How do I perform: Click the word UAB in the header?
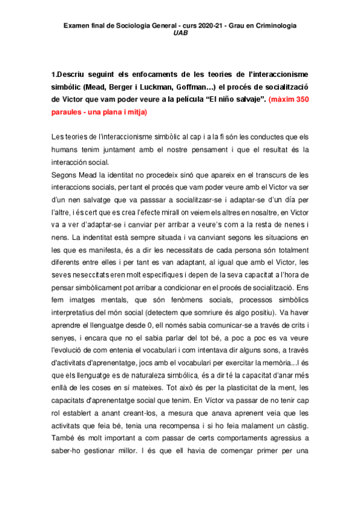(x=180, y=34)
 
